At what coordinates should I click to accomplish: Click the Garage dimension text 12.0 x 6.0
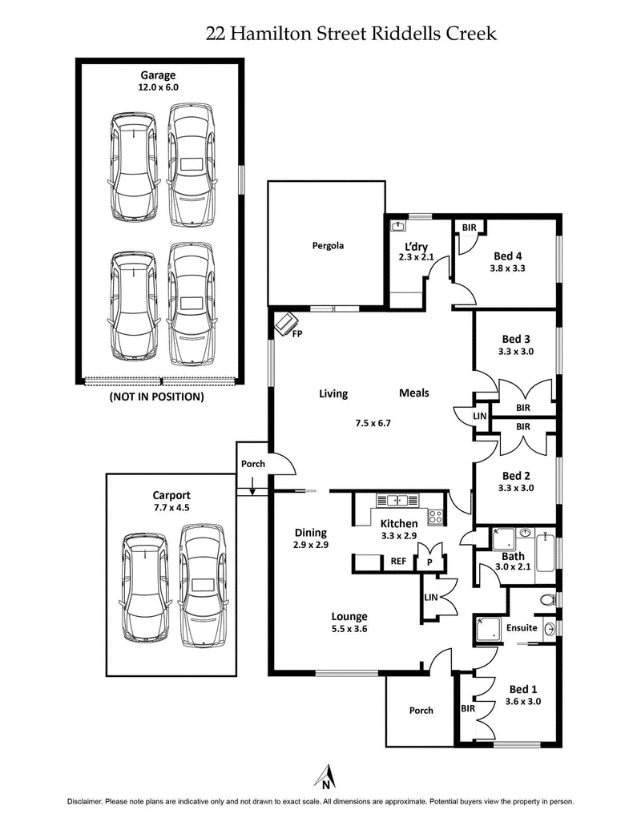(x=159, y=91)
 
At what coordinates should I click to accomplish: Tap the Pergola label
(x=328, y=245)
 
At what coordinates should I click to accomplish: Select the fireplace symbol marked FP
(x=284, y=324)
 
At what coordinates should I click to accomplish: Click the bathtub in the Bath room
(x=546, y=549)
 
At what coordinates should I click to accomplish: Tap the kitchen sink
(x=398, y=501)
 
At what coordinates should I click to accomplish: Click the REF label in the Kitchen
(x=398, y=562)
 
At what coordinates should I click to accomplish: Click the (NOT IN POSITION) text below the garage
(x=156, y=397)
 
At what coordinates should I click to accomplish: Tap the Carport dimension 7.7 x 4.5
(x=171, y=507)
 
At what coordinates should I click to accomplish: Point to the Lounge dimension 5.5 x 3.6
(x=350, y=629)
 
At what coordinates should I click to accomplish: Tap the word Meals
(x=414, y=393)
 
